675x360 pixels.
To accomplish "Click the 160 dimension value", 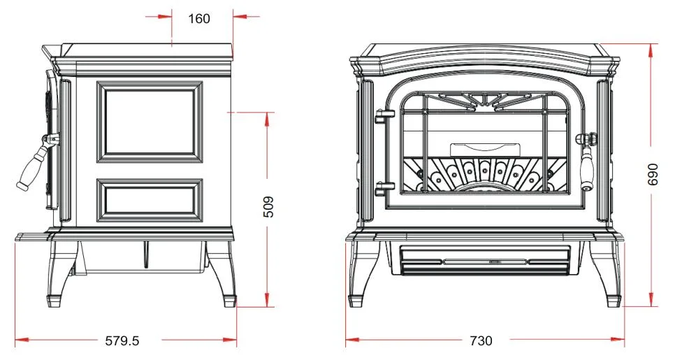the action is pos(199,18).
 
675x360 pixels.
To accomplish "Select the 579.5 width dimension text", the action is pos(122,341).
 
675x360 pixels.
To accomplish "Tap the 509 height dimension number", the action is pos(268,207).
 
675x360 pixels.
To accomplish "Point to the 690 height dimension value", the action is pos(653,174).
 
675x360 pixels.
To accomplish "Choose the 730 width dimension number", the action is pos(481,341).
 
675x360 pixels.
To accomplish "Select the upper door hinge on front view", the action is pos(384,116).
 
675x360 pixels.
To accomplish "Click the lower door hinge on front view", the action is pos(384,189).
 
